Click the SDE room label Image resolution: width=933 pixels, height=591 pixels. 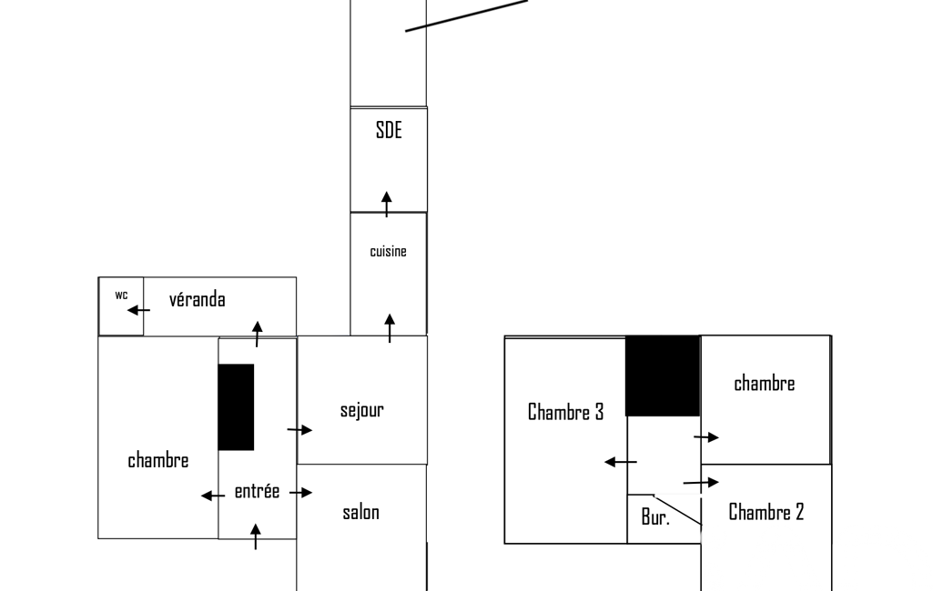389,131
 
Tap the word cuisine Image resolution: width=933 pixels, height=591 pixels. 388,252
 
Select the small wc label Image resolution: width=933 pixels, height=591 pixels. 121,295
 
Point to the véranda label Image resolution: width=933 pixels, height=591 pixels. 198,299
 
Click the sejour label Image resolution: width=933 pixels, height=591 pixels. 362,410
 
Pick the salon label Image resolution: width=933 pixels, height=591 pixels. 360,513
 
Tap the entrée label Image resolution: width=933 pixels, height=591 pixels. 257,492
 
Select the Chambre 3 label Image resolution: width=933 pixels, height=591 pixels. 565,412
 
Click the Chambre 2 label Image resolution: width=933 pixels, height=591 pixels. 766,512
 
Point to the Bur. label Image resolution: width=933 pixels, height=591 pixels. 655,519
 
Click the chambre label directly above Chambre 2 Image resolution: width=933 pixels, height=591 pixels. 765,384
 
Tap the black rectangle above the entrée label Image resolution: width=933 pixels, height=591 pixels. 236,406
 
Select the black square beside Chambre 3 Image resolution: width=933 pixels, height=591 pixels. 663,376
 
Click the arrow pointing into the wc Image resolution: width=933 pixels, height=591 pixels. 138,311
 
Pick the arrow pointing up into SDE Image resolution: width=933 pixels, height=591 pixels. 387,204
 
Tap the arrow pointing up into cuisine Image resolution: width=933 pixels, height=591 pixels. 390,327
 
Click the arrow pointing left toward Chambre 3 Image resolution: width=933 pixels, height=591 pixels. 621,463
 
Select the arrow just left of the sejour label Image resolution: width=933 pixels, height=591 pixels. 299,429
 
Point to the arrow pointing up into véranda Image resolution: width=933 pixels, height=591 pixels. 258,334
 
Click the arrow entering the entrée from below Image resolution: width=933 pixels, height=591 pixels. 256,536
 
